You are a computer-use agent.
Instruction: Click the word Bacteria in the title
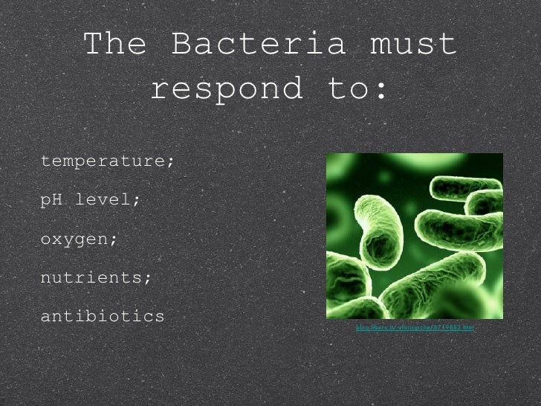tap(259, 45)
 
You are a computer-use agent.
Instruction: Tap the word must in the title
tap(413, 45)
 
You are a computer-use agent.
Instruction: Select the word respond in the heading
tap(226, 90)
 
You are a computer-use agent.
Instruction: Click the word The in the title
tap(114, 45)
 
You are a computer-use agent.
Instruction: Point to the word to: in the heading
tap(357, 90)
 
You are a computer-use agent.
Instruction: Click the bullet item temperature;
tap(107, 161)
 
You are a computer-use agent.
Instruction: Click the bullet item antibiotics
tap(103, 316)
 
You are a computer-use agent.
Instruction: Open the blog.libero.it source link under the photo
tap(415, 327)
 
